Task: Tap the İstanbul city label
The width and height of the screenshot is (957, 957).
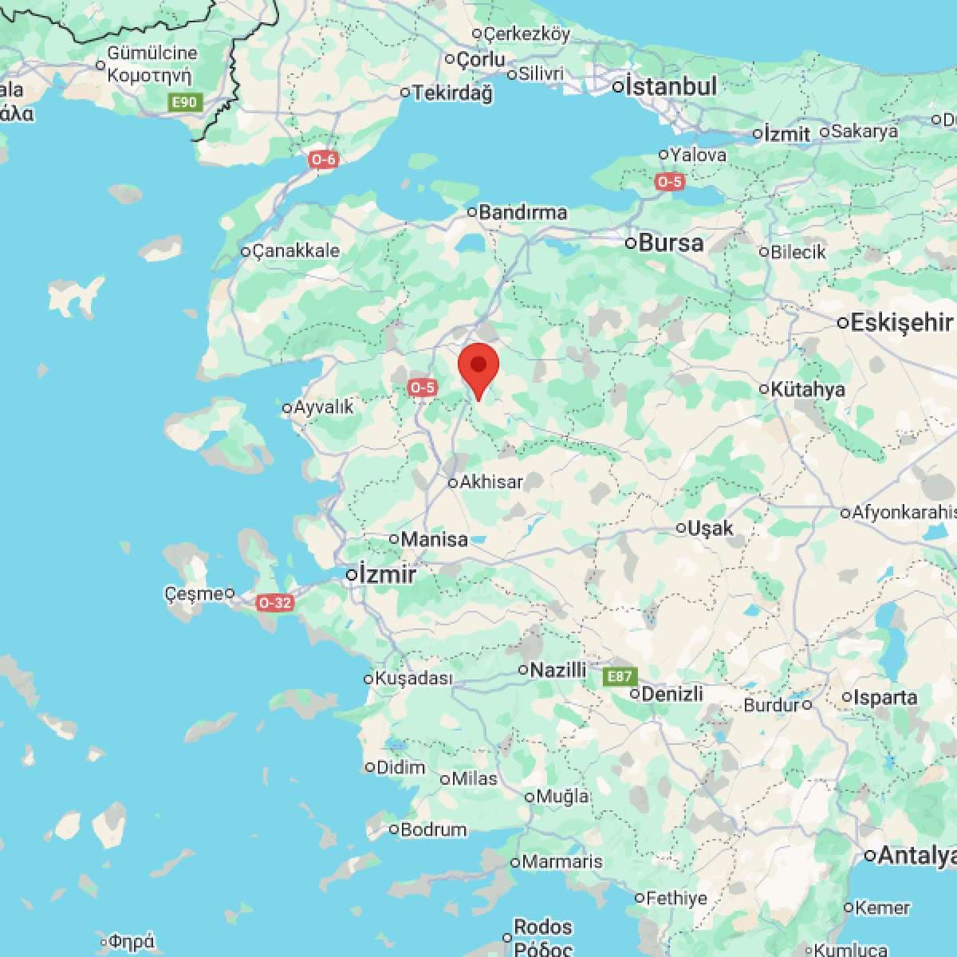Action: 671,86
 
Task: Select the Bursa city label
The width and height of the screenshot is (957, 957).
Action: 671,242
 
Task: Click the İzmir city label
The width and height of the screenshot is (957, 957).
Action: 387,574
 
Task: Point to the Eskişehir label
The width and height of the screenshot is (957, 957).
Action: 901,323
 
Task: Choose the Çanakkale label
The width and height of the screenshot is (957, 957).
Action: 295,251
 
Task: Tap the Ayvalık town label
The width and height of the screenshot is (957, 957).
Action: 323,408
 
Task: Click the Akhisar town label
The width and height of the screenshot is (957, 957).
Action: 491,482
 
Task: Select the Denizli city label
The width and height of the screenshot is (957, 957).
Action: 671,694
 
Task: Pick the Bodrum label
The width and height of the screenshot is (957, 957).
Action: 433,829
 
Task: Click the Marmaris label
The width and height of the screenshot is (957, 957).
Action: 562,862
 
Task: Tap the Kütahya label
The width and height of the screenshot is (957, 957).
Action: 808,389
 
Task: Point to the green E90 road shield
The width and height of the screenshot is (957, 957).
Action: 187,102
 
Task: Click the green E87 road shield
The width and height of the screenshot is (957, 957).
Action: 620,677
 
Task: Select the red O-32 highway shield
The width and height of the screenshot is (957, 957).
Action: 274,603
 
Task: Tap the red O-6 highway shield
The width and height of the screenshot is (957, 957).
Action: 324,159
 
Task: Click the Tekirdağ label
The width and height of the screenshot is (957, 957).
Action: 452,93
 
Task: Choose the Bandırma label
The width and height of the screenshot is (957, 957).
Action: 523,212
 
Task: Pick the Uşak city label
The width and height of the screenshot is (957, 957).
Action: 710,528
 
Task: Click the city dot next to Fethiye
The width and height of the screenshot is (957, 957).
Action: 640,898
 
